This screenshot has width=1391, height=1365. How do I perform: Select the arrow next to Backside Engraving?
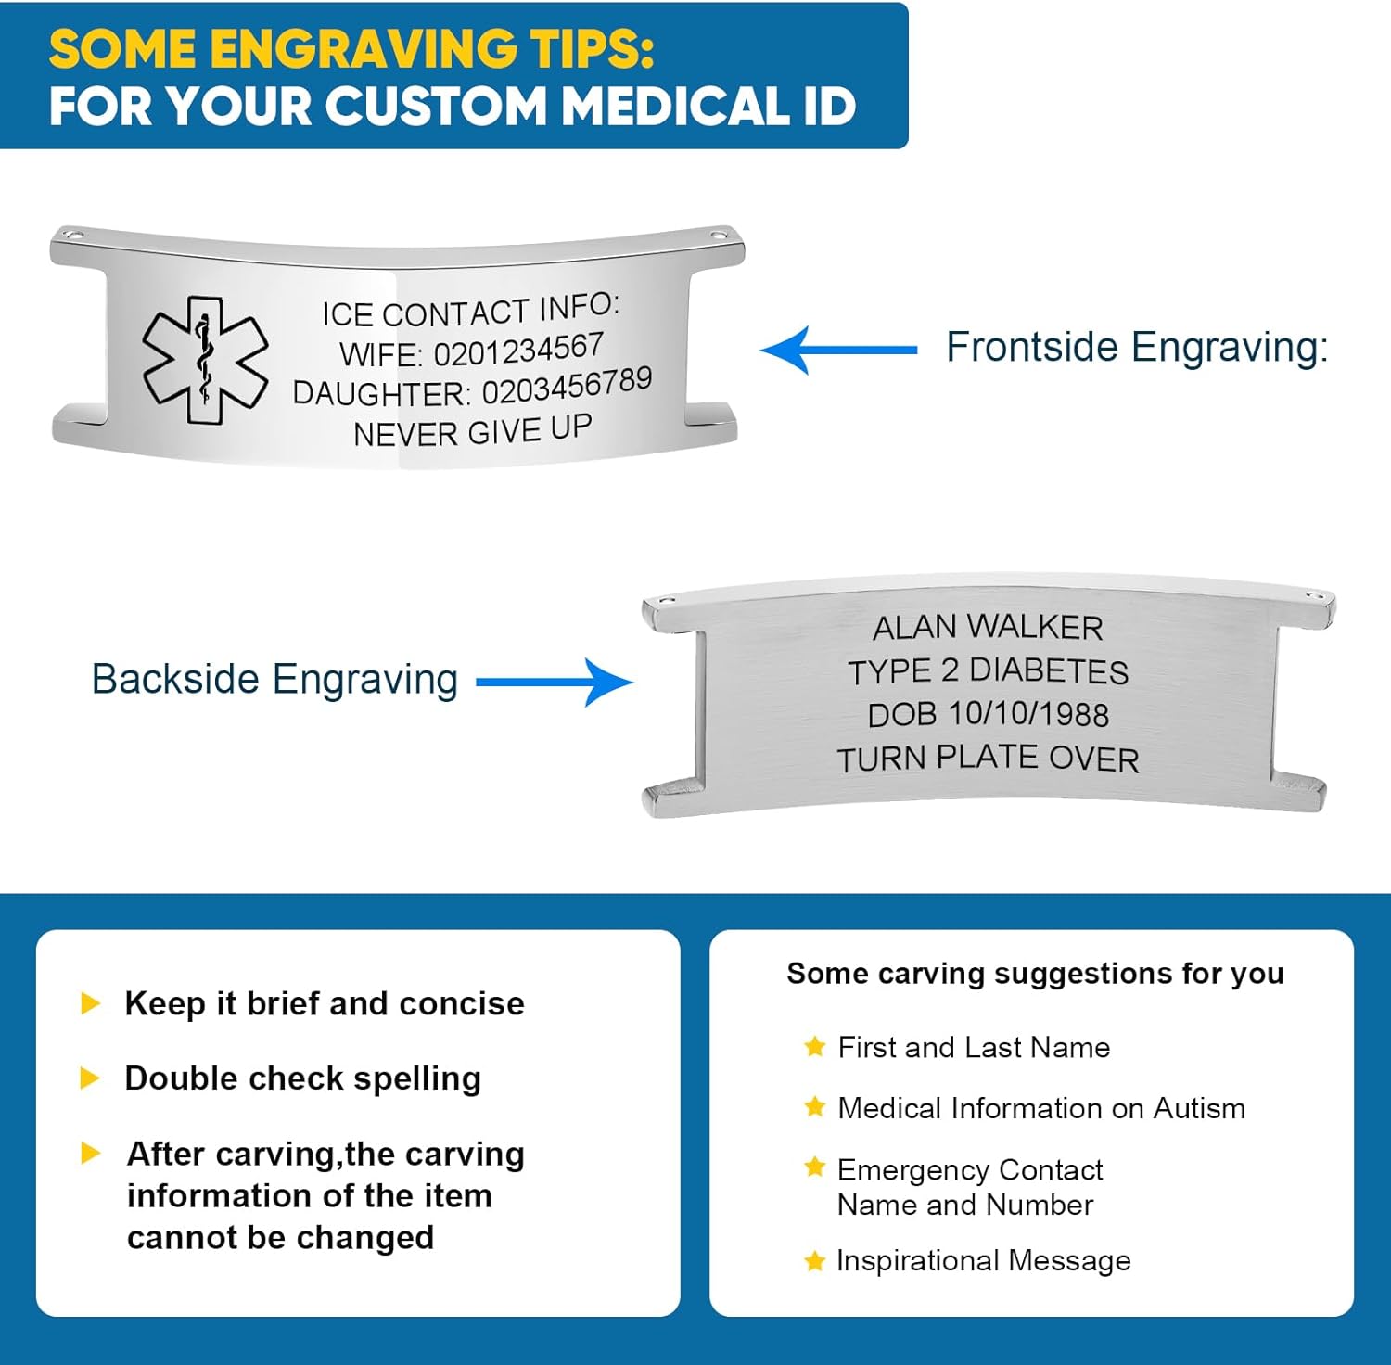(x=555, y=682)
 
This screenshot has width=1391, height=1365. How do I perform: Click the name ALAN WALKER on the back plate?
(x=988, y=628)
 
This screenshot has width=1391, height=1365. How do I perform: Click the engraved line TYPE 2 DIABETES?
(x=988, y=670)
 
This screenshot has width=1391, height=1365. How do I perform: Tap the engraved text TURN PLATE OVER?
(x=988, y=759)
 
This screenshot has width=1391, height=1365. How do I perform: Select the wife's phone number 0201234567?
(x=518, y=351)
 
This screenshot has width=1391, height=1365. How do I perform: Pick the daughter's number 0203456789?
(x=567, y=386)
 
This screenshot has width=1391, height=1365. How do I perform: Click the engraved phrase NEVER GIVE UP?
(x=472, y=431)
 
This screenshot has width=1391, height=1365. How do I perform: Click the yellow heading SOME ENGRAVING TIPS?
(x=351, y=49)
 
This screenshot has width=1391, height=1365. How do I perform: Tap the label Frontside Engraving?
(x=1137, y=348)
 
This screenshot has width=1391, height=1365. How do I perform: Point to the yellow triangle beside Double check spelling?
(x=90, y=1078)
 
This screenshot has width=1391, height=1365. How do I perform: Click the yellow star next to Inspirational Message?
(x=814, y=1261)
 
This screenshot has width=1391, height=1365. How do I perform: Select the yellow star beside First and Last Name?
(x=814, y=1047)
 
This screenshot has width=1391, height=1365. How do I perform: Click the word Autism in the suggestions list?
(x=1198, y=1108)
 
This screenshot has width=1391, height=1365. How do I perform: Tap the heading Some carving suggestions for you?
(x=1035, y=974)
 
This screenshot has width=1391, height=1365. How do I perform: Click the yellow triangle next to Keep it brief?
(x=90, y=1002)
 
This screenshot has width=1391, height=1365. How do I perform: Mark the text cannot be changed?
(x=280, y=1238)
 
